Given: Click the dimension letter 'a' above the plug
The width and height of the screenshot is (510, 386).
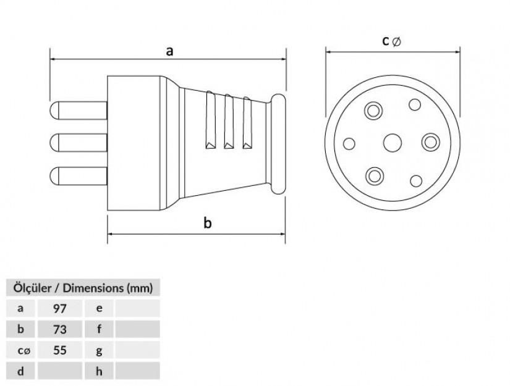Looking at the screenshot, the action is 169,51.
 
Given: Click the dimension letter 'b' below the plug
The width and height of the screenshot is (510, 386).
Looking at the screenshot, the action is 208,223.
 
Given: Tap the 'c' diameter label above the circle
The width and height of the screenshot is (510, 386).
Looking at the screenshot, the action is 391,41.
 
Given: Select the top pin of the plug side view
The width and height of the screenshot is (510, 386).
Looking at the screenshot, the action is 79,111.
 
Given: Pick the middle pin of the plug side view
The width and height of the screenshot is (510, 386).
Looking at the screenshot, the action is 79,143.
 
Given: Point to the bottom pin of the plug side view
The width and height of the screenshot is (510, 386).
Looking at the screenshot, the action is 79,176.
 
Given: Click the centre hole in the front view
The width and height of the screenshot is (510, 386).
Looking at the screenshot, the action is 393,143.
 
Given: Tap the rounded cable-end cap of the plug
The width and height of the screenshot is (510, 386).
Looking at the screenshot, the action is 278,144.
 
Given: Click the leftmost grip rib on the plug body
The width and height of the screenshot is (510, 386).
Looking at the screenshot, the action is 210,120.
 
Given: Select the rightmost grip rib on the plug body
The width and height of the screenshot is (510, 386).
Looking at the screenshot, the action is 247,123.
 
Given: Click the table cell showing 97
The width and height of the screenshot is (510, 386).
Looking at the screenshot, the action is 60,308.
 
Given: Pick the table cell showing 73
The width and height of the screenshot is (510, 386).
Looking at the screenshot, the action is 60,329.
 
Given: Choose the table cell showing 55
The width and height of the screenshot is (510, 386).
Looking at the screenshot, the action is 60,350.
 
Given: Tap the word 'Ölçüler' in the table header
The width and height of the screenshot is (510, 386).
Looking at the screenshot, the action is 32,288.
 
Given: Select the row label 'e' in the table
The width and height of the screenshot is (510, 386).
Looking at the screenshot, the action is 99,308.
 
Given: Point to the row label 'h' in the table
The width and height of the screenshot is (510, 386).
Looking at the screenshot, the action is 99,371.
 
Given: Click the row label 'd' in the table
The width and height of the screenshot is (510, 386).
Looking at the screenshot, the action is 20,371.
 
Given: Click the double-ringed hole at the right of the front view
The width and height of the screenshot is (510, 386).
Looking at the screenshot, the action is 431,142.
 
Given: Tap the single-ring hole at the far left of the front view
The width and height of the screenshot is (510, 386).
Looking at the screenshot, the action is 349,144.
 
